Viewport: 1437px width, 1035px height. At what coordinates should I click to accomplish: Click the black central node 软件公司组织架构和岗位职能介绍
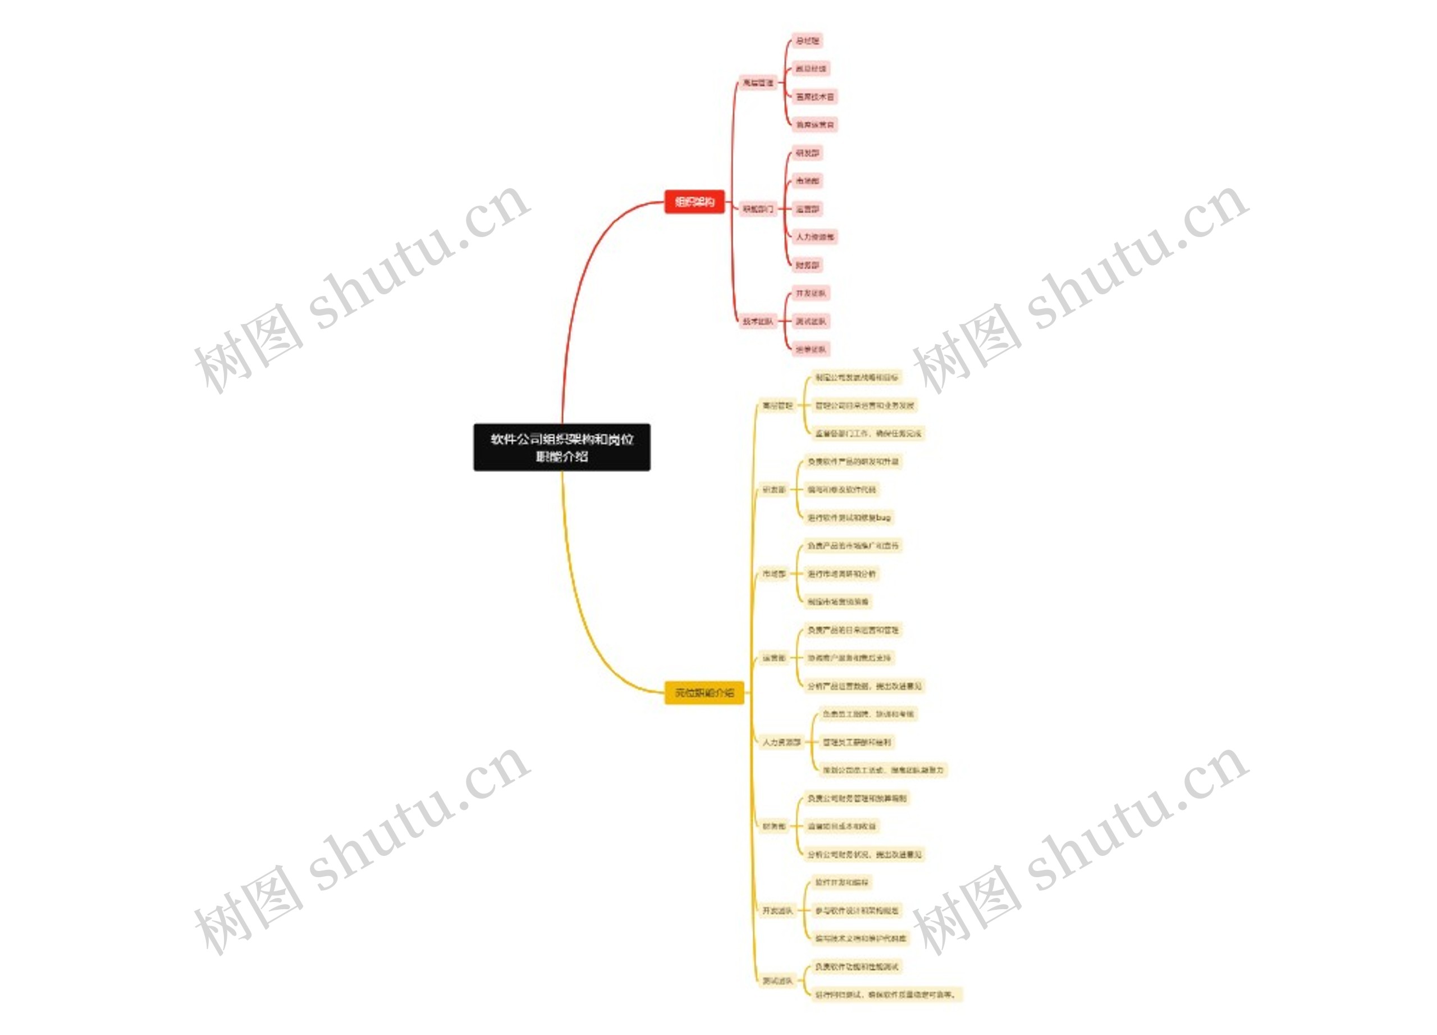coord(561,447)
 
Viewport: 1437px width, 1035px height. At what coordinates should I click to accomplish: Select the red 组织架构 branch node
coord(694,202)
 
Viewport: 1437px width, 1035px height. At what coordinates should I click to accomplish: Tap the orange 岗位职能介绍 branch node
coord(703,693)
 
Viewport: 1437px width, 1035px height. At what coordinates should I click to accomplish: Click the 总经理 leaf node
coord(807,40)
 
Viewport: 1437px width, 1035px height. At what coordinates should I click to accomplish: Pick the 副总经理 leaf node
coord(811,69)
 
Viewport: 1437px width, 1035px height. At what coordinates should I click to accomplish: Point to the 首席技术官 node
coord(815,97)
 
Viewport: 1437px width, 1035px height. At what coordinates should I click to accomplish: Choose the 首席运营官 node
coord(815,125)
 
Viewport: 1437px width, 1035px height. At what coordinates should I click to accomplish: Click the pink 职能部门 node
coord(758,208)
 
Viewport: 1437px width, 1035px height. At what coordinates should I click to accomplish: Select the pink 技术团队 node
coord(758,321)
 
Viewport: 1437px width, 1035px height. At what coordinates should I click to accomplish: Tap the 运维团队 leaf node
coord(811,349)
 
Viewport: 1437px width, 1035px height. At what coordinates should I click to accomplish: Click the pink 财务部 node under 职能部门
coord(807,265)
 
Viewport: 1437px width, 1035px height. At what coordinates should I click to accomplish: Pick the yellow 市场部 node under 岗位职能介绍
coord(774,573)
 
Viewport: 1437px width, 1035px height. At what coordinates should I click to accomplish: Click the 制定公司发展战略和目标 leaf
coord(856,377)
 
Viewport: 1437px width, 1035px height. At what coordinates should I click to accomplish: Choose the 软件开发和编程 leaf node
coord(841,882)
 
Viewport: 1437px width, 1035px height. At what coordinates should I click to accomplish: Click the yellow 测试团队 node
coord(777,981)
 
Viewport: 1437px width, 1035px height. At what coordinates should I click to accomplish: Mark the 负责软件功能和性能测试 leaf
coord(856,966)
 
